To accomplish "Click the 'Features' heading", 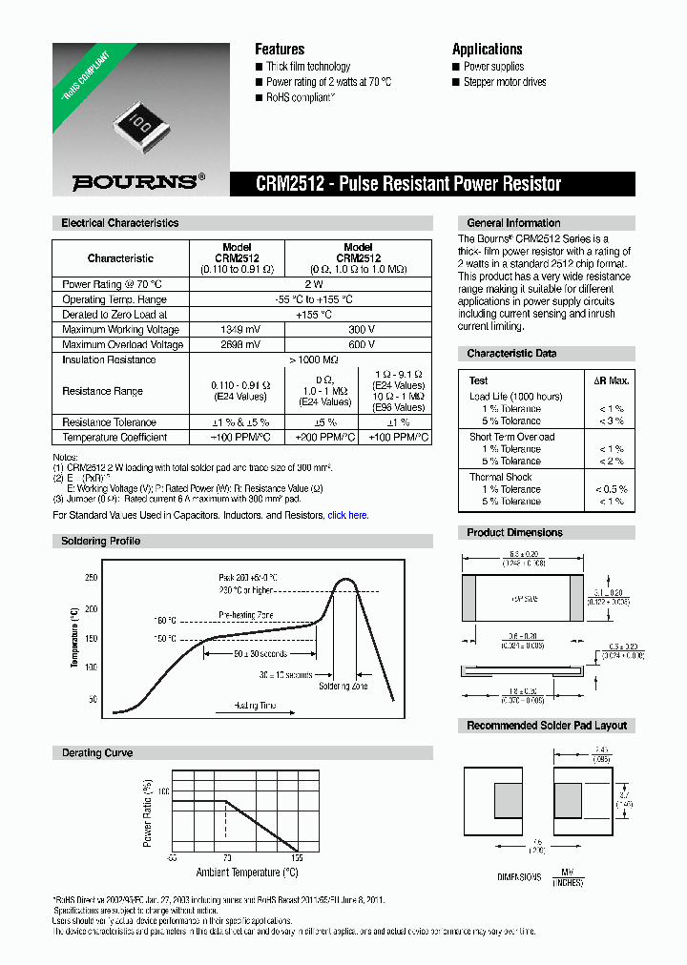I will tap(280, 50).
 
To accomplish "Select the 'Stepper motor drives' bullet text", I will tap(505, 83).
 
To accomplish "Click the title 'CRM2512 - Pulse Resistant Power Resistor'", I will tap(408, 184).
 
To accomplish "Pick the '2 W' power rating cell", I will tap(312, 284).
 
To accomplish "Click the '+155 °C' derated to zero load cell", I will tap(312, 315).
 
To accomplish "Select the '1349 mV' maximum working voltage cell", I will tap(238, 330).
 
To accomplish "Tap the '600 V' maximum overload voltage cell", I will tap(361, 345).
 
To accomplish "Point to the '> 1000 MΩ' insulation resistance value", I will tap(312, 360).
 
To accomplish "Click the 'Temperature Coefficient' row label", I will tap(114, 438).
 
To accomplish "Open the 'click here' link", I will tap(347, 515).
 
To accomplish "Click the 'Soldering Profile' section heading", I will tap(101, 542).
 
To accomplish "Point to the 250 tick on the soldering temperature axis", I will tap(91, 578).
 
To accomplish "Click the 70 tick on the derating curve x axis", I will tap(227, 858).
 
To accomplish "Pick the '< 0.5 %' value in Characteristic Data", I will tap(611, 489).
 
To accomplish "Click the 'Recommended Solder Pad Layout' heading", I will tap(547, 726).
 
